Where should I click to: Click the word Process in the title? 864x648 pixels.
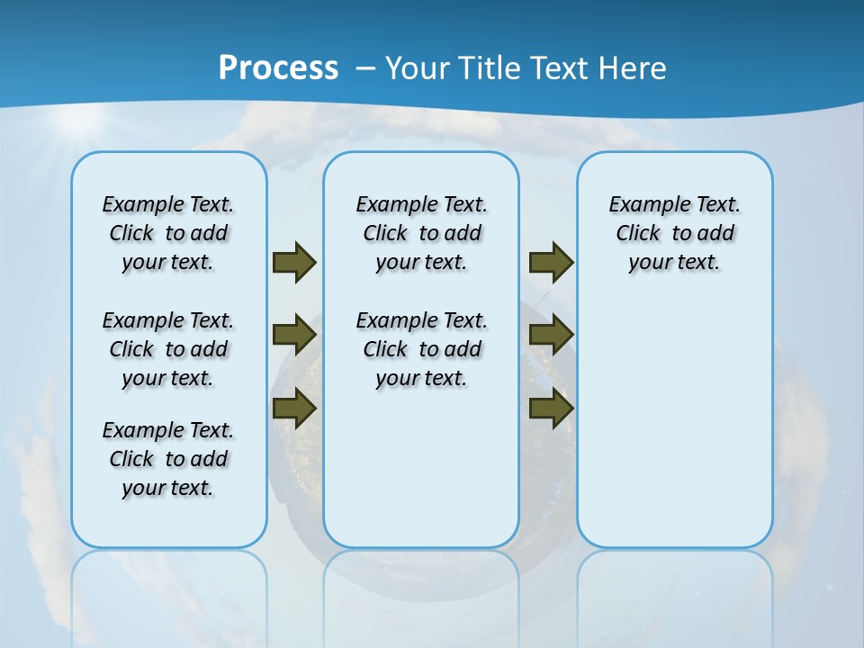(x=278, y=68)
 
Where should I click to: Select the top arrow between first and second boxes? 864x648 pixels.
(x=294, y=263)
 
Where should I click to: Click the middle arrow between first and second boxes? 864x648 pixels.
(x=294, y=335)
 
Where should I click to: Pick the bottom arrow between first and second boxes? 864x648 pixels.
(x=294, y=409)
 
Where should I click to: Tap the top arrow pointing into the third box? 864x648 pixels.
(x=551, y=263)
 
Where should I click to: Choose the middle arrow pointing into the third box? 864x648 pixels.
(x=551, y=335)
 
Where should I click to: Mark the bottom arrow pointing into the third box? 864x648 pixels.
(x=551, y=409)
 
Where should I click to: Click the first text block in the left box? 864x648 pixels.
(x=168, y=233)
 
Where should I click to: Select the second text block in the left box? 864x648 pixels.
(x=168, y=349)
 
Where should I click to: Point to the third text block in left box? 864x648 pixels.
(x=168, y=459)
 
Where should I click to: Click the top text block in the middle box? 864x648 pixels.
(x=421, y=233)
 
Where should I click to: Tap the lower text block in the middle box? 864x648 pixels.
(x=421, y=349)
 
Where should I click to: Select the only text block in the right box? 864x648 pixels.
(x=674, y=233)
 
